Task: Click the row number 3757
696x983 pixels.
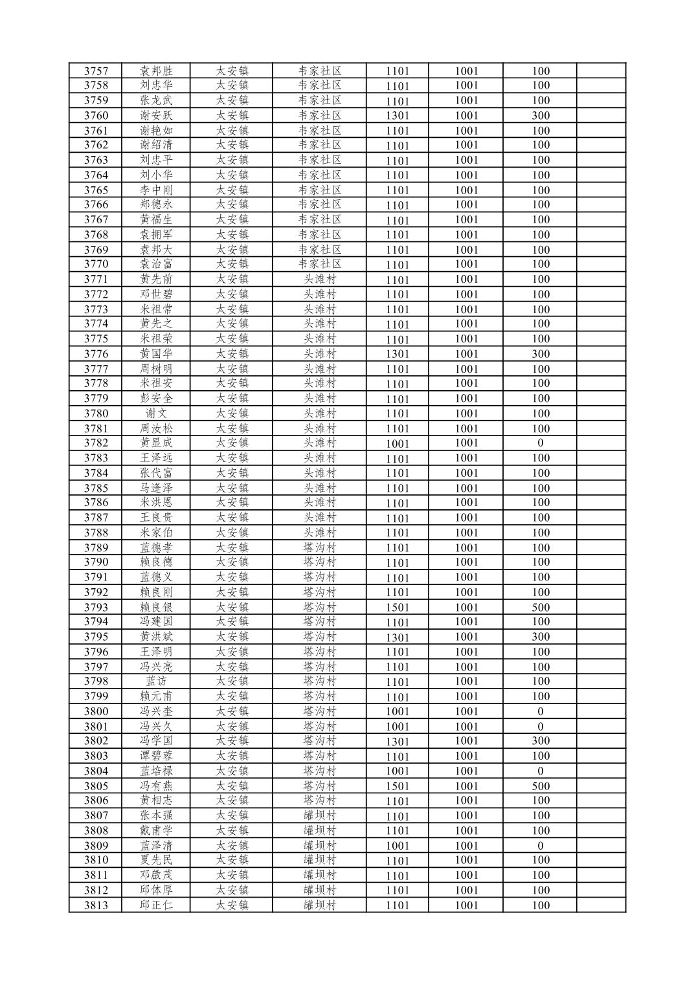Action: point(96,71)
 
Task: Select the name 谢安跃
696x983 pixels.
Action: point(156,115)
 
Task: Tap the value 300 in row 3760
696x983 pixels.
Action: point(540,115)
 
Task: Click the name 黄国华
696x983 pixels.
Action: point(156,354)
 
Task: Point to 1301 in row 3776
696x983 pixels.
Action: point(398,354)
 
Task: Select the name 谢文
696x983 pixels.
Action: point(156,414)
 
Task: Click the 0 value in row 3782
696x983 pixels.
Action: point(540,443)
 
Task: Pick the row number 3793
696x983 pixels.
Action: point(96,607)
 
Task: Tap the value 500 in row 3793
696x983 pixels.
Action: point(540,607)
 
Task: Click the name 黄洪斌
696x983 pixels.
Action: point(156,637)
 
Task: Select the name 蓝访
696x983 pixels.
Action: point(156,681)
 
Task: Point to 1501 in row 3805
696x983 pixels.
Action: point(398,786)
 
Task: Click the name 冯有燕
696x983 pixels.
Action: point(156,786)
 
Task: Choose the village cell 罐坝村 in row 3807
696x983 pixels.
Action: point(320,815)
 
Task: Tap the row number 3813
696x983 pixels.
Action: point(96,905)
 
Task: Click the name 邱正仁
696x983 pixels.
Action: point(156,905)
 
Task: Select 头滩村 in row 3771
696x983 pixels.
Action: point(320,280)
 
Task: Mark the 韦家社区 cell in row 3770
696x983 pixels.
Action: point(320,264)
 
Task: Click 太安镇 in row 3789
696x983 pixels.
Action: point(232,547)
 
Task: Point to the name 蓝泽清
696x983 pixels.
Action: point(156,846)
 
